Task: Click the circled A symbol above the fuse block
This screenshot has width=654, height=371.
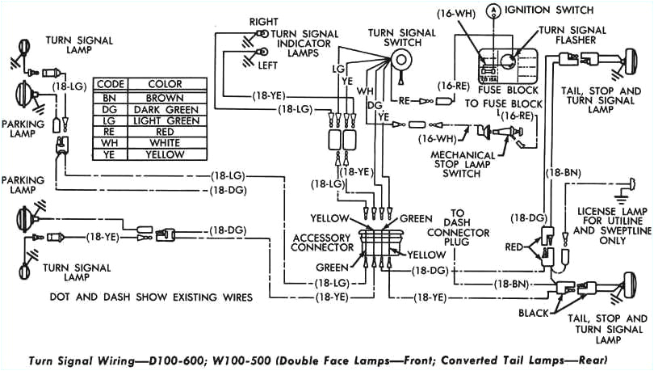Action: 491,10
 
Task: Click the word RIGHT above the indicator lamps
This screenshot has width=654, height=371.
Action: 264,20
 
